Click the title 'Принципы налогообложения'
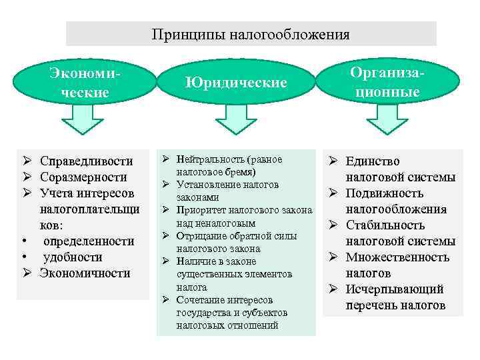tap(251, 34)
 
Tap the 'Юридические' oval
tap(237, 83)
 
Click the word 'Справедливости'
tap(86, 161)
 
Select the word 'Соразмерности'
tap(83, 177)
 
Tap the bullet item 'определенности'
tap(89, 241)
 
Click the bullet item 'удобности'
tap(73, 257)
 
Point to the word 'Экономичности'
tap(85, 273)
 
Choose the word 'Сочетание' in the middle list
tap(202, 300)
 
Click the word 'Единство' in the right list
tap(373, 161)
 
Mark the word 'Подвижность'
tap(385, 193)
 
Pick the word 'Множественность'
tap(397, 257)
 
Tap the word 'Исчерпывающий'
tap(394, 289)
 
